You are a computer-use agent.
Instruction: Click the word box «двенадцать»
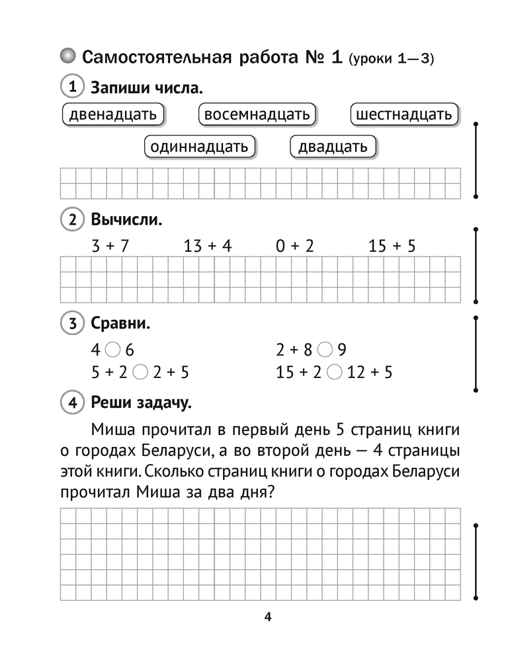click(112, 114)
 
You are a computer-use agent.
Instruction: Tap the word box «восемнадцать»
click(257, 114)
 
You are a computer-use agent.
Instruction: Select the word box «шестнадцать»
click(403, 114)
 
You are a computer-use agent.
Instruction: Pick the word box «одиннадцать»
click(199, 146)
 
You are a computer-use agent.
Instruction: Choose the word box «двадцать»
click(333, 146)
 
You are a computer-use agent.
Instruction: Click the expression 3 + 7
click(110, 247)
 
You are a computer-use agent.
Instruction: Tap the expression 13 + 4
click(208, 247)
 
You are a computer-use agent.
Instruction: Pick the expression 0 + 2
click(295, 247)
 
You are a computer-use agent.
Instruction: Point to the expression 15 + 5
click(392, 247)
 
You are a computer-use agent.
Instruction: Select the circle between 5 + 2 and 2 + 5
click(140, 372)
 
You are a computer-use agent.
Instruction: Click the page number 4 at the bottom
click(267, 618)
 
